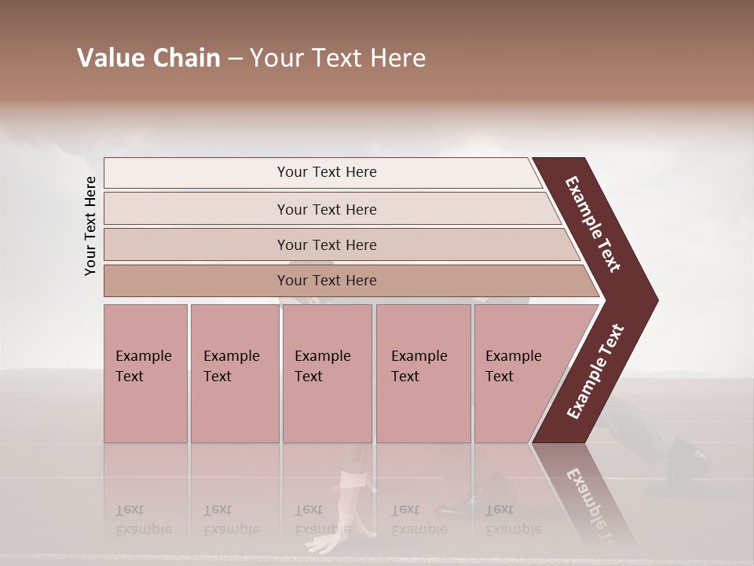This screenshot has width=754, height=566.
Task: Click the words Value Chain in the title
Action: [148, 58]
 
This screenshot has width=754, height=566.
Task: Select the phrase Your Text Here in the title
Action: [338, 58]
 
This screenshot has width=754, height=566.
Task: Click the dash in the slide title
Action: [235, 59]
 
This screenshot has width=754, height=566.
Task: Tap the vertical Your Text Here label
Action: [90, 226]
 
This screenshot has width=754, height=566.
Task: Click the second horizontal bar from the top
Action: [326, 209]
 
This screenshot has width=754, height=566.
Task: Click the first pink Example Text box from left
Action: [145, 373]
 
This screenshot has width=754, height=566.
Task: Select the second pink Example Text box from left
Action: [234, 373]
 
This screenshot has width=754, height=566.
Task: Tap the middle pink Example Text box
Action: [327, 373]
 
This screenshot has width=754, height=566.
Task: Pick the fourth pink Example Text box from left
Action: [423, 373]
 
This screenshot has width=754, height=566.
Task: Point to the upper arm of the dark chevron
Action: [593, 224]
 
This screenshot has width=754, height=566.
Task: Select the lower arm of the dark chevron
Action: [595, 372]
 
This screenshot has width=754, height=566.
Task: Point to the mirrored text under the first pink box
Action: [144, 520]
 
